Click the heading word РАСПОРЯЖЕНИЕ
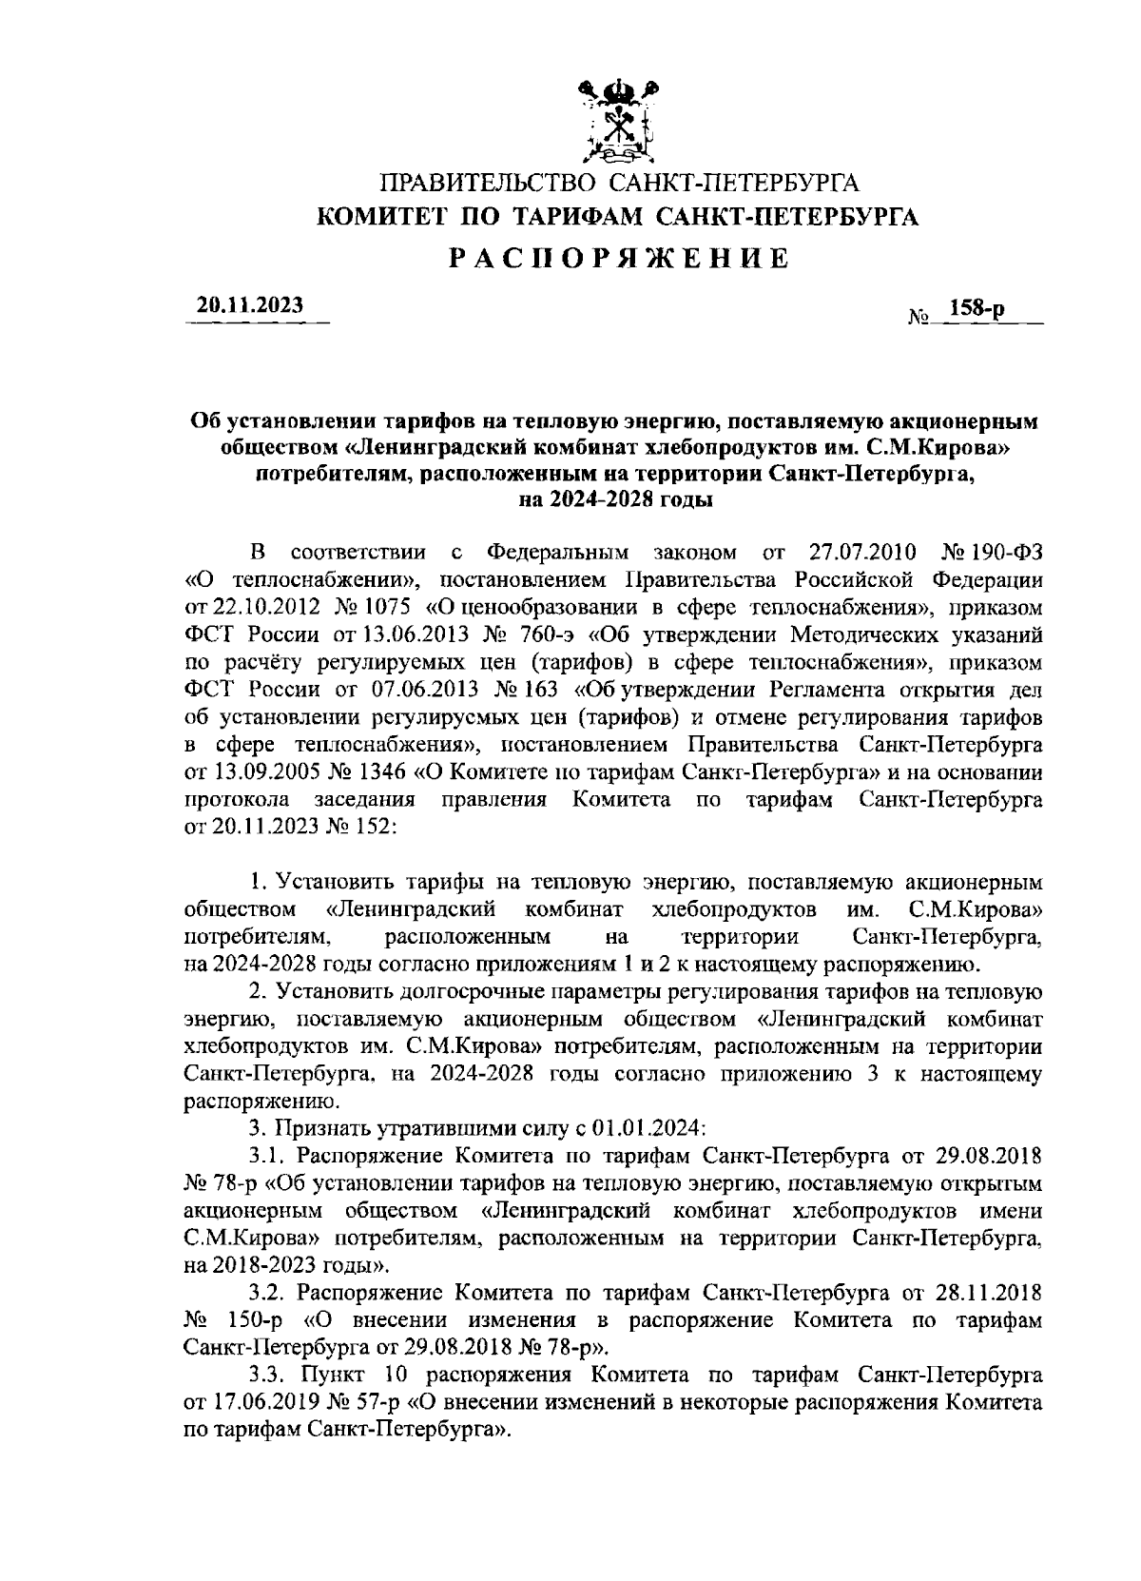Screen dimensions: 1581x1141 [x=618, y=258]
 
